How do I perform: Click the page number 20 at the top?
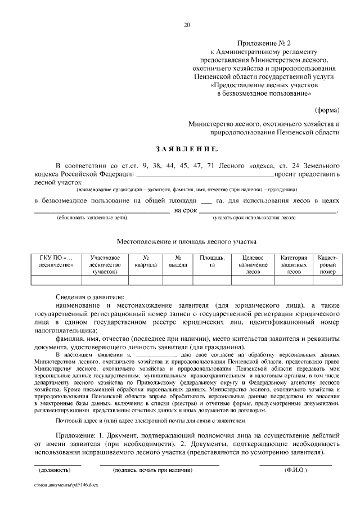pos(187,25)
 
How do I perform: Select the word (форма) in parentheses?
pos(327,107)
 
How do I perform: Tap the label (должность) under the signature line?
pos(55,469)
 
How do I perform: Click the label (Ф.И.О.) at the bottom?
pos(296,469)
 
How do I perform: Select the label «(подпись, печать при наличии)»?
pos(153,469)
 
